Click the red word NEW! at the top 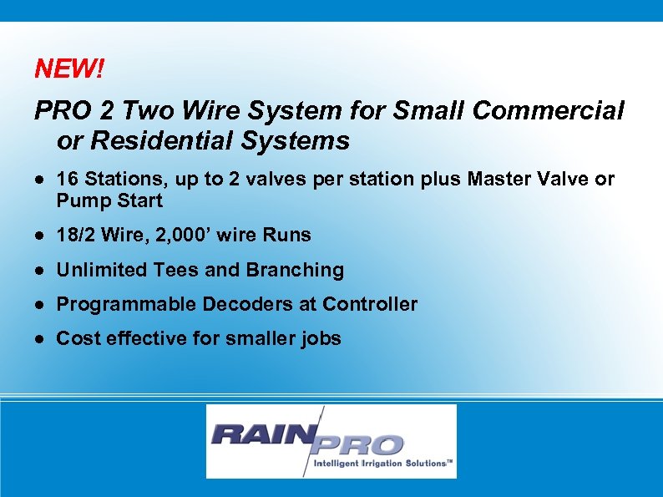point(69,69)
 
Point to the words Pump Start point(109,201)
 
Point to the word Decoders point(243,304)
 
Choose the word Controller point(370,304)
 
